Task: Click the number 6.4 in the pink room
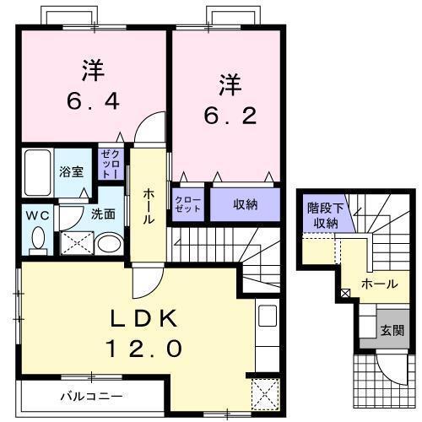pyautogui.click(x=93, y=100)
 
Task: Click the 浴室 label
pyautogui.click(x=71, y=171)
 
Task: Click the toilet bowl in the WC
pyautogui.click(x=37, y=239)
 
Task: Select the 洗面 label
pyautogui.click(x=103, y=214)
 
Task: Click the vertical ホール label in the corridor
pyautogui.click(x=149, y=206)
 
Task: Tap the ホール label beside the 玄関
pyautogui.click(x=380, y=284)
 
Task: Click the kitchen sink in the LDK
pyautogui.click(x=268, y=319)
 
